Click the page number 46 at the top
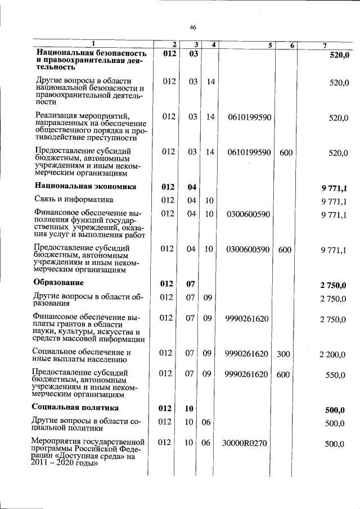click(x=192, y=28)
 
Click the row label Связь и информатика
click(x=74, y=199)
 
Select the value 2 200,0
click(x=332, y=354)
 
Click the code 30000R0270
click(x=244, y=444)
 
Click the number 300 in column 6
click(x=283, y=353)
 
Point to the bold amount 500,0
click(x=336, y=409)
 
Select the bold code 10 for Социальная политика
click(x=189, y=408)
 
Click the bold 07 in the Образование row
click(x=190, y=283)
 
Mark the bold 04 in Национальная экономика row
click(x=191, y=187)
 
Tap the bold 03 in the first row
click(x=193, y=54)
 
